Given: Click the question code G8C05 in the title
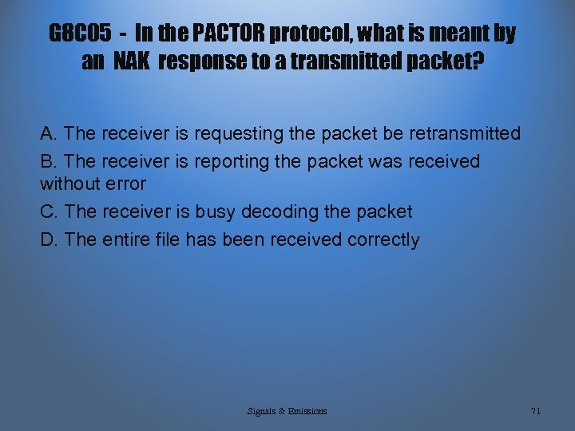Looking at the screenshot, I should tap(81, 34).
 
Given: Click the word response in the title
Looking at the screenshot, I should tap(200, 61).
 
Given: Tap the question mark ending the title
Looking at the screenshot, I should tap(478, 61).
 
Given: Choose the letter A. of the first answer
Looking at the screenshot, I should tap(50, 133).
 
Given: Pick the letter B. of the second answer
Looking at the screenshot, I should tap(50, 162).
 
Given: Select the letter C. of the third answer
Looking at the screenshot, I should tap(50, 212).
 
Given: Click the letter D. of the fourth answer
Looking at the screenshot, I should tap(50, 239).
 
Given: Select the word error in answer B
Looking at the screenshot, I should tap(125, 184).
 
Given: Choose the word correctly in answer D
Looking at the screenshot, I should tap(383, 239).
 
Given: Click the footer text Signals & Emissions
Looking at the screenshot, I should tap(287, 411).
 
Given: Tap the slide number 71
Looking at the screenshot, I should tap(535, 411).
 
